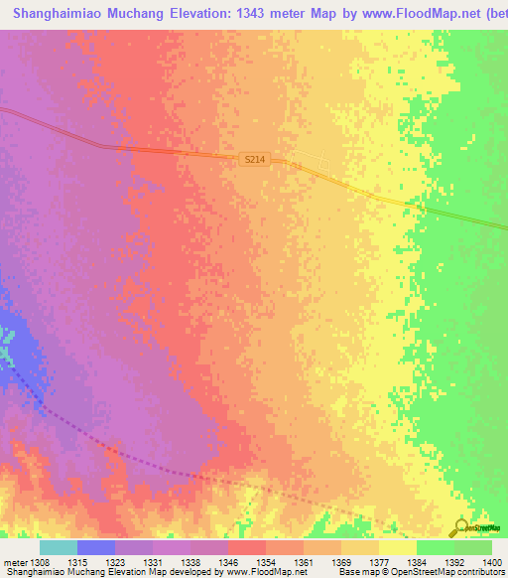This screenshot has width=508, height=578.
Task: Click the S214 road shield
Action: pyautogui.click(x=254, y=159)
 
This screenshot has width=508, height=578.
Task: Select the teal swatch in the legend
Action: pyautogui.click(x=59, y=547)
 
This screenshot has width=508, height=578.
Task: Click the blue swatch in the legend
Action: pyautogui.click(x=96, y=547)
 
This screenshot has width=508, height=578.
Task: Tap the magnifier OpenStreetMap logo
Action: pyautogui.click(x=460, y=527)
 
